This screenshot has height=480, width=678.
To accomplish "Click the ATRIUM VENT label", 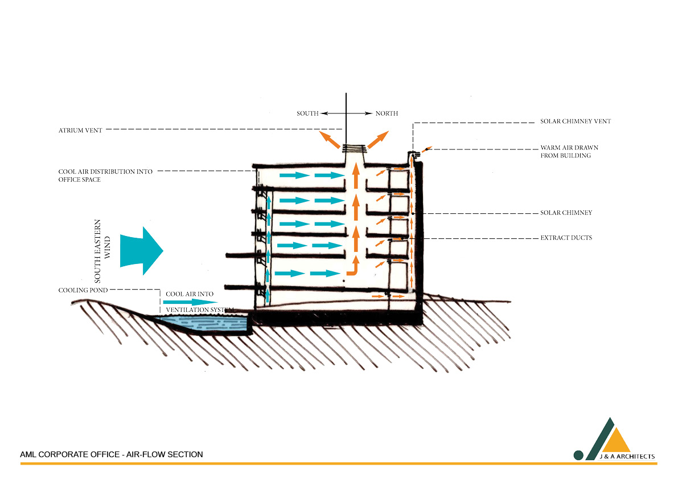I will [80, 131].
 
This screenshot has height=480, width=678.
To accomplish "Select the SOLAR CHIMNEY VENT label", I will [575, 122].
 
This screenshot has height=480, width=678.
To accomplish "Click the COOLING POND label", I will [83, 290].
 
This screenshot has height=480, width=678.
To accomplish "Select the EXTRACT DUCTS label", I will [566, 238].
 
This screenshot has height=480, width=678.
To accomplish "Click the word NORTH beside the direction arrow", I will [387, 113].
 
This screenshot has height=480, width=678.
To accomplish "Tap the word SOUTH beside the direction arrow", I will [307, 113].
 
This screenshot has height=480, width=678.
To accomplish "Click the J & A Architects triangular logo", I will [608, 438].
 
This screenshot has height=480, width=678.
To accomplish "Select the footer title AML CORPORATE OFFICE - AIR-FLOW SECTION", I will [112, 454].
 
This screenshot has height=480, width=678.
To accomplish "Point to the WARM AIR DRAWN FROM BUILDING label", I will [569, 152].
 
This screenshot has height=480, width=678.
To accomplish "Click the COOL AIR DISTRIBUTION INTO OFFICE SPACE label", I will [105, 176].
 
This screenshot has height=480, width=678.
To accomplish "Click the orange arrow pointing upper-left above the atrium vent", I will [328, 139].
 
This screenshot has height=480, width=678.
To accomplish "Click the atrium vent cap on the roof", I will [354, 149].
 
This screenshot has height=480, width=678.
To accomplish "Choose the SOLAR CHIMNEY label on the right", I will [566, 213].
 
